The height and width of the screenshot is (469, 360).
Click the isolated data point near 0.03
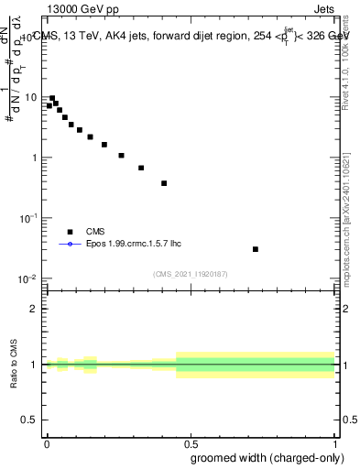coord(256,249)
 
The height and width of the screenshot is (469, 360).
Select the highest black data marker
coord(52,98)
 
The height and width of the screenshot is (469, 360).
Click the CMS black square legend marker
coord(68,233)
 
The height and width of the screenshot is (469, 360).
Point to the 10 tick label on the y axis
coord(31,97)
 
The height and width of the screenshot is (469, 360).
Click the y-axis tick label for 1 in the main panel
coord(35,158)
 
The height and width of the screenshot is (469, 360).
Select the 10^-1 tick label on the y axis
coord(28,218)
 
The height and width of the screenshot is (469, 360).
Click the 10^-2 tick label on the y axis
coord(28,278)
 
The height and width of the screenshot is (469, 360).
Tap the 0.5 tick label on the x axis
coord(191,442)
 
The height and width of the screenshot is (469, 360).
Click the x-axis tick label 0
coord(47,442)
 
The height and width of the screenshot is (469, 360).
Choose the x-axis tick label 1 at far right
coord(335,442)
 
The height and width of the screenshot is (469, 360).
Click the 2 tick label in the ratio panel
coord(35,309)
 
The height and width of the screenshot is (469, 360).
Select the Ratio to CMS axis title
coord(15,364)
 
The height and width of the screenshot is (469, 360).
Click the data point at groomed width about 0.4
coord(164,183)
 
